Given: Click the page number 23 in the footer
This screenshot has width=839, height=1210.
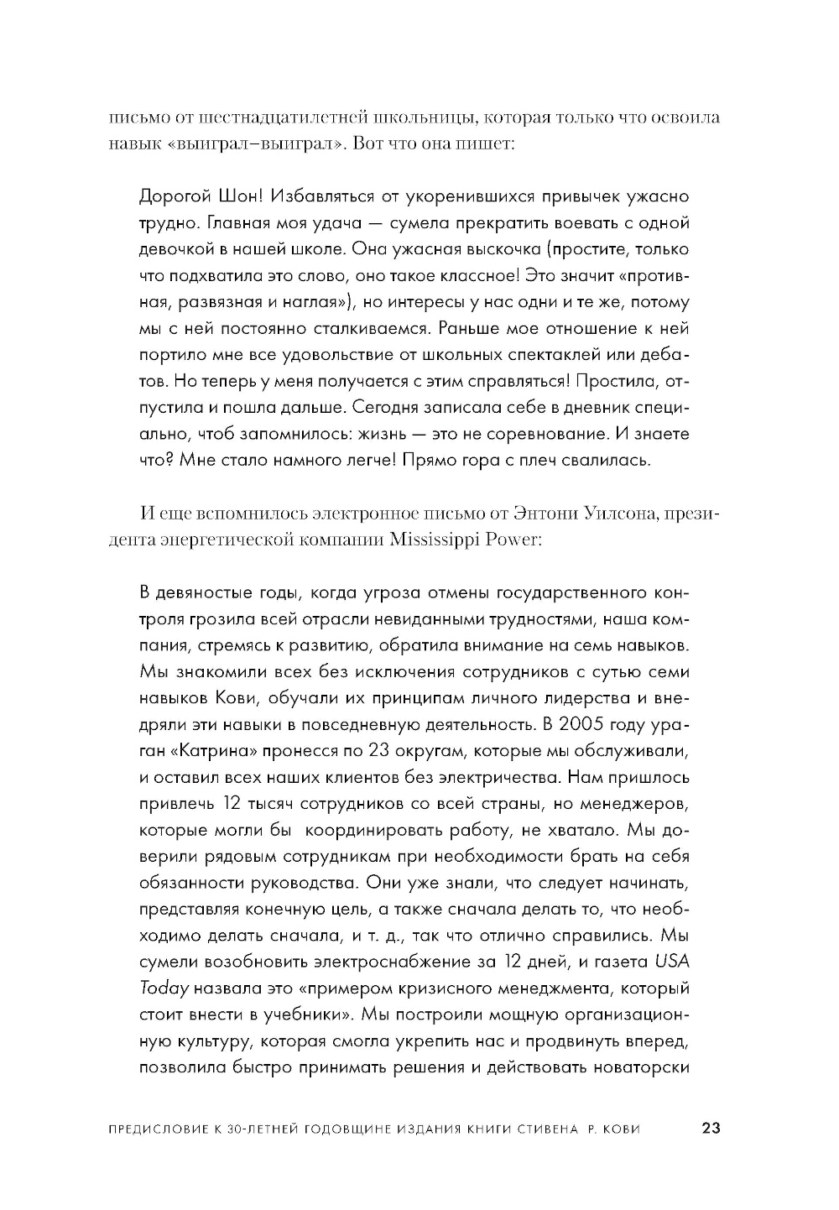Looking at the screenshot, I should tap(710, 1129).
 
